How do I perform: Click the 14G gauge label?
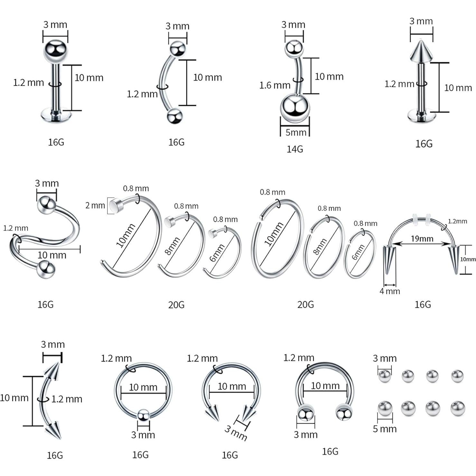click(295, 149)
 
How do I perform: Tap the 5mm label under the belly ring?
click(296, 132)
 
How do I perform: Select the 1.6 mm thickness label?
click(275, 85)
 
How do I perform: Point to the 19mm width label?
click(422, 239)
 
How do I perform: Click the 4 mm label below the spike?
click(390, 291)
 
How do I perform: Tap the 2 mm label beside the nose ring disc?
click(95, 205)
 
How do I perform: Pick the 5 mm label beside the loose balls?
click(385, 429)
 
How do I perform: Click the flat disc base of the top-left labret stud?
click(56, 115)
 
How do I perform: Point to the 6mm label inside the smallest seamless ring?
click(358, 252)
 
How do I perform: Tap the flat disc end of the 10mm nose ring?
click(115, 205)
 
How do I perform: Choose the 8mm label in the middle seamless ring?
click(320, 247)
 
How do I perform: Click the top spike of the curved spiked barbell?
click(53, 370)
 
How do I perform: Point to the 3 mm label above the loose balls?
click(385, 358)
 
